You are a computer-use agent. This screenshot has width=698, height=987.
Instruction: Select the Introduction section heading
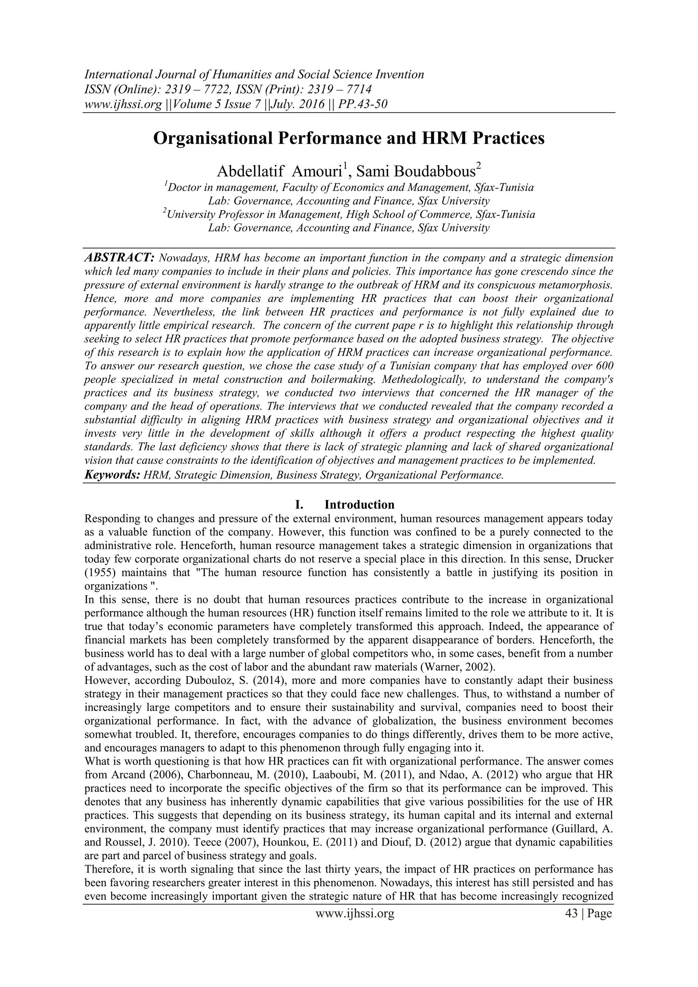359,504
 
